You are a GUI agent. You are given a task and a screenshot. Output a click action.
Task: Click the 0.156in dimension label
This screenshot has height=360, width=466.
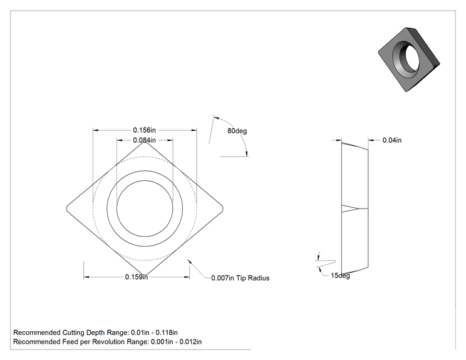pyautogui.click(x=145, y=130)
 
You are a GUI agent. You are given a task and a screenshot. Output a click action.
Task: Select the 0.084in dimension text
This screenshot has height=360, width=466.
pyautogui.click(x=145, y=140)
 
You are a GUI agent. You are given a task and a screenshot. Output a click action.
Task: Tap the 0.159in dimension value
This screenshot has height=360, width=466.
pyautogui.click(x=137, y=277)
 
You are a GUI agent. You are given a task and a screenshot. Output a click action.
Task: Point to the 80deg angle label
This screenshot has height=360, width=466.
pyautogui.click(x=237, y=131)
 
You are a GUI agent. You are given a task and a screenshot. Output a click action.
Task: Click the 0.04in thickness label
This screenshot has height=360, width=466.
pyautogui.click(x=392, y=140)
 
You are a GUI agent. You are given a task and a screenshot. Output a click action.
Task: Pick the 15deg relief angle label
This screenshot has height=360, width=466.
pyautogui.click(x=340, y=275)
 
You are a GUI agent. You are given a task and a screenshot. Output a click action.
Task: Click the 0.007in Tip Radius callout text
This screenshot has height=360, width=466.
pyautogui.click(x=241, y=278)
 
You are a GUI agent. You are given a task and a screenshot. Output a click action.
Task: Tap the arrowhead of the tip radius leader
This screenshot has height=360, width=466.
pyautogui.click(x=188, y=260)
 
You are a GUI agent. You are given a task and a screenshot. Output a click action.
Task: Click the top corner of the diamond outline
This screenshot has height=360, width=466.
pyautogui.click(x=145, y=142)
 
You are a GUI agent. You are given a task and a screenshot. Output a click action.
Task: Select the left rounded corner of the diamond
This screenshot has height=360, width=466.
pyautogui.click(x=66, y=209)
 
